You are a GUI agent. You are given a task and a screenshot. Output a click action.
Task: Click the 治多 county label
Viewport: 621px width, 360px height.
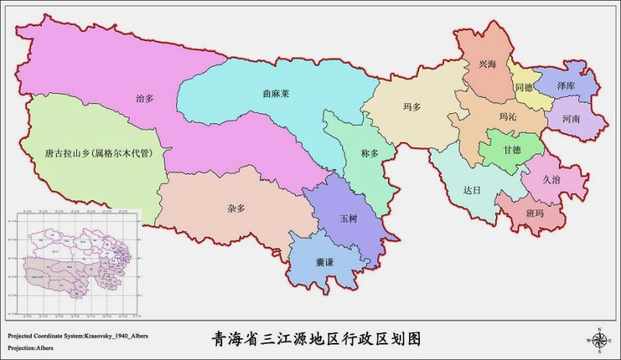coord(144,99)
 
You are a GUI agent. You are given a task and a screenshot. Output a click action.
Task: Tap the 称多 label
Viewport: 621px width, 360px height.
coord(370,154)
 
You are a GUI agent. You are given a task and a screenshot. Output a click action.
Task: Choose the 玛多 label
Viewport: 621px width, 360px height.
coord(411,107)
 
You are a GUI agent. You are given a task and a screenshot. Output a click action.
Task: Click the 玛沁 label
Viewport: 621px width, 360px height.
coord(507,117)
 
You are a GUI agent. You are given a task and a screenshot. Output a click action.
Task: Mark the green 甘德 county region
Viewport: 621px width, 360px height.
coord(511,151)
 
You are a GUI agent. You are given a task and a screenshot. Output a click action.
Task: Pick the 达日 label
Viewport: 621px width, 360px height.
coord(472,190)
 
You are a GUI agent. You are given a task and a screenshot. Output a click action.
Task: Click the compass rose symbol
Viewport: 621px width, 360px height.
coord(599,338)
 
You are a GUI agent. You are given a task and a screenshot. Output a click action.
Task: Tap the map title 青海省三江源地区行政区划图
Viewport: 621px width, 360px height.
coord(316,338)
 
